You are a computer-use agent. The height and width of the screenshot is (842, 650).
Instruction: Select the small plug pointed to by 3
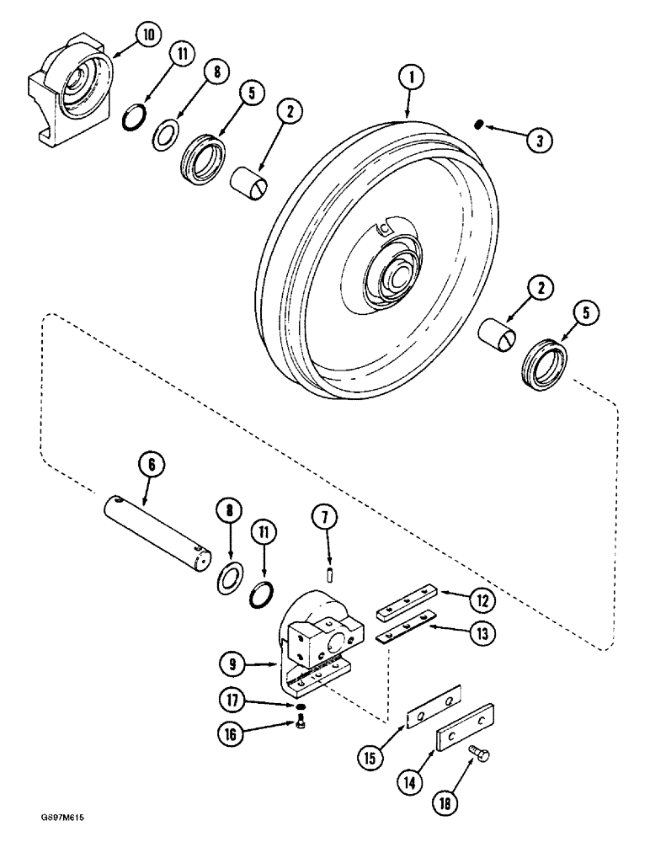point(477,125)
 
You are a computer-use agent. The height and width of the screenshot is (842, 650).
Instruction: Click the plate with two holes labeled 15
point(430,706)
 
